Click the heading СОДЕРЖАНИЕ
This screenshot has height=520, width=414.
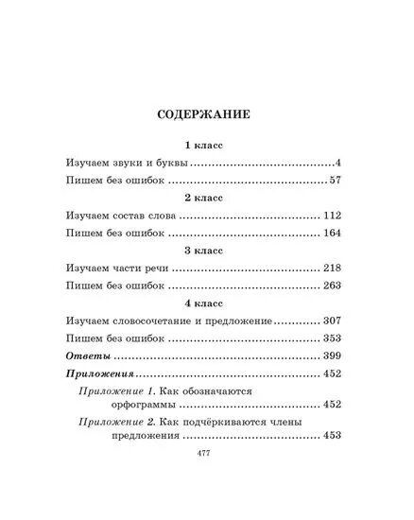(206, 118)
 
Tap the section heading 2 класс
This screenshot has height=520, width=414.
(206, 199)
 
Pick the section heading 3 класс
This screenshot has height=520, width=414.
(206, 252)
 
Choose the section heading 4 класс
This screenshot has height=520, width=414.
(206, 305)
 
